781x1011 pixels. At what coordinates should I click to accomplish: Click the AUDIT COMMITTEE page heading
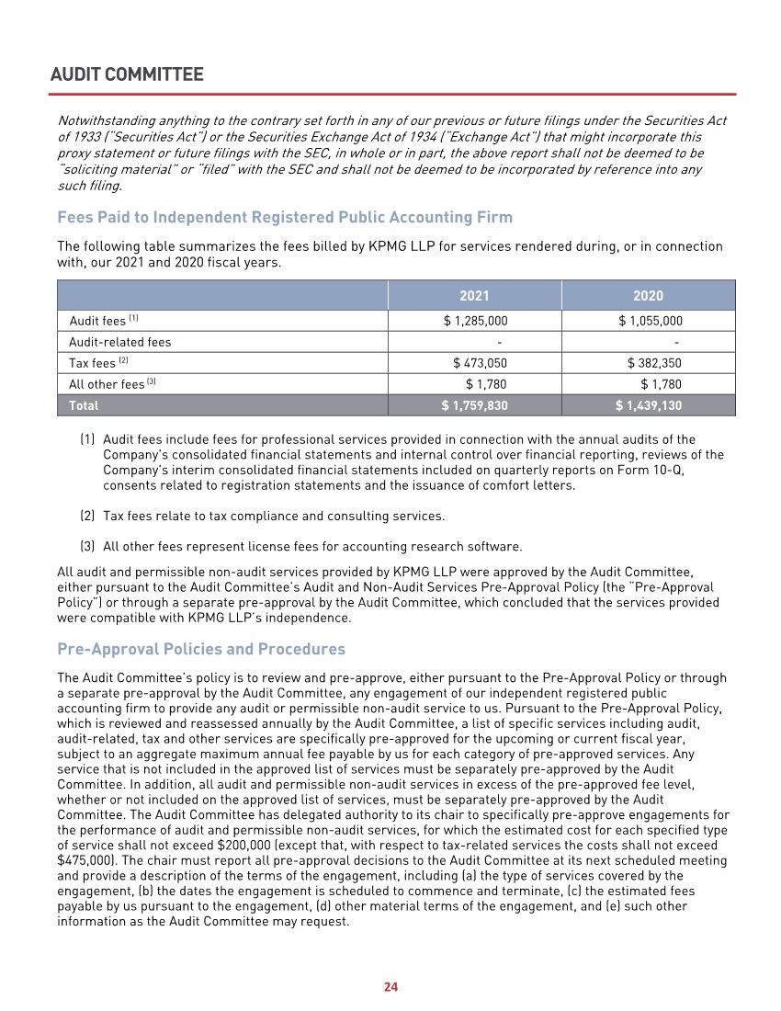point(128,74)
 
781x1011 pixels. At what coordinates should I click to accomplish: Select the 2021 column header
point(474,296)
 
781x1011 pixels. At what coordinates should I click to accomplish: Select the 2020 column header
point(648,296)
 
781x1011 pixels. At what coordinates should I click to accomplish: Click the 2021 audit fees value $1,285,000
point(475,321)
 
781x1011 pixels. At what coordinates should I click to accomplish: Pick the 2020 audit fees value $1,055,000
point(651,321)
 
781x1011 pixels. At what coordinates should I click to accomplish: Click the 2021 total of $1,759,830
point(475,405)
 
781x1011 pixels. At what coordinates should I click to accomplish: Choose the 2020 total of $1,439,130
point(649,405)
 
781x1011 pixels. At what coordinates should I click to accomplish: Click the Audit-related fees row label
point(120,342)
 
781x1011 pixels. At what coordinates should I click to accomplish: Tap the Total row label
point(84,405)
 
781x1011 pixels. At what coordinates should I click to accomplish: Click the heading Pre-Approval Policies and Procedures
point(201,649)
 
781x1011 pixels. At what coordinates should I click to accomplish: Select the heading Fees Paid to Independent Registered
point(285,218)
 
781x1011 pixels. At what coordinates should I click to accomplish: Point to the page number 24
point(390,987)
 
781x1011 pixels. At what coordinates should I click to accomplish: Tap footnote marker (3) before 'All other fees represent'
point(88,547)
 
